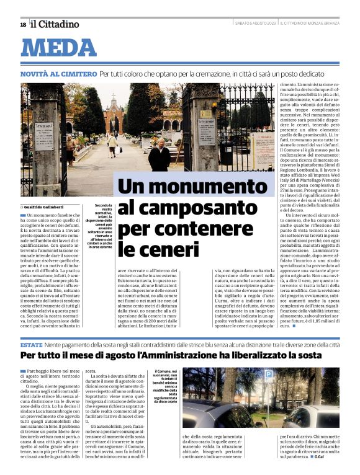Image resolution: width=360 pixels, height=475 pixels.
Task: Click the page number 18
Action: point(23,24)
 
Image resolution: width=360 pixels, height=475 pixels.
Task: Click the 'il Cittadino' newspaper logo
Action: point(55,24)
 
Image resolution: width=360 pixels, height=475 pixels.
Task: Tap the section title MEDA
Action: point(60,48)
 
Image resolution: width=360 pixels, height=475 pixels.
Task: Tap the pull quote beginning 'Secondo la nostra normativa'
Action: point(100,226)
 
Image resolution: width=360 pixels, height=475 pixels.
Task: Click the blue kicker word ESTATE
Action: point(31,344)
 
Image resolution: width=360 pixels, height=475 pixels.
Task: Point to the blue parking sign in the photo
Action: point(269,375)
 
